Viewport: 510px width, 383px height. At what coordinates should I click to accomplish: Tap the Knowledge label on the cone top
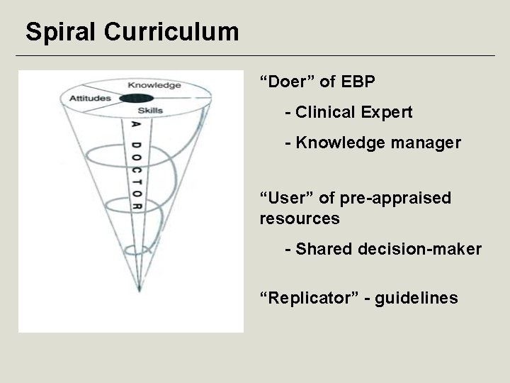tap(154, 86)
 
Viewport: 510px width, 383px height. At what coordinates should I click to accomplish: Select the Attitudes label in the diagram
tap(89, 98)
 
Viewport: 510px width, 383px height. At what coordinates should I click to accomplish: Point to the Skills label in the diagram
tap(150, 110)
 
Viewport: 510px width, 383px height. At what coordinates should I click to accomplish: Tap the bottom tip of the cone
tap(137, 289)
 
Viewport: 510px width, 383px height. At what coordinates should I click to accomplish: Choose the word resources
tap(300, 218)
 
